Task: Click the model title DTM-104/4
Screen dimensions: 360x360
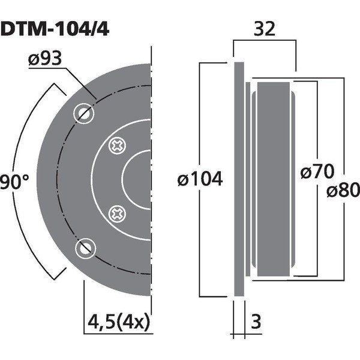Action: (55, 29)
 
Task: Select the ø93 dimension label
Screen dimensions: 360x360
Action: (45, 58)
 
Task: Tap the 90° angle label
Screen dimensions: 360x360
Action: (14, 181)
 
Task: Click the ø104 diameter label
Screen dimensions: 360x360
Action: (200, 179)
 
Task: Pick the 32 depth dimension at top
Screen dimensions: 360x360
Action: (264, 29)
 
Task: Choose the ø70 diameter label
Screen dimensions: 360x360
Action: (317, 171)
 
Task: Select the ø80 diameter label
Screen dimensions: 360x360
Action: (343, 190)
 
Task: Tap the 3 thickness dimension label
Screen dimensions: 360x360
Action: (256, 322)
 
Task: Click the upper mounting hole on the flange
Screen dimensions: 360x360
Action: (84, 113)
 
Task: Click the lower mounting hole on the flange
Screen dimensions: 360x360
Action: (85, 248)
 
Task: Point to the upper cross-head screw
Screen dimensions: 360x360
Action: (117, 146)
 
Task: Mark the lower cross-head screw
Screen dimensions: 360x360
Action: (117, 214)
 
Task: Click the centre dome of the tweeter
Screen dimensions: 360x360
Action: (136, 180)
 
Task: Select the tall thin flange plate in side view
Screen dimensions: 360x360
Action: (239, 179)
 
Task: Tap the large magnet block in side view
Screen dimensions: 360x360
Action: (274, 179)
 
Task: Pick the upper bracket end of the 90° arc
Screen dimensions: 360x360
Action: (60, 89)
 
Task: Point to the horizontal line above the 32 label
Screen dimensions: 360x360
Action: (265, 40)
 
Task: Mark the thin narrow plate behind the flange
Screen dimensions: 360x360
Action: (248, 179)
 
